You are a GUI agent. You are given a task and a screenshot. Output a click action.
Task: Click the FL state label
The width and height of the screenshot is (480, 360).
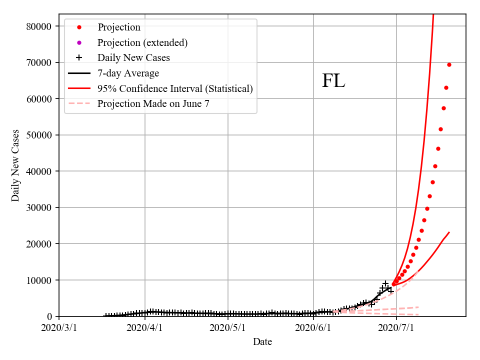point(333,81)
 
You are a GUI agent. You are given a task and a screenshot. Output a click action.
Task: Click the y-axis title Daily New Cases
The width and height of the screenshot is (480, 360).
point(15,165)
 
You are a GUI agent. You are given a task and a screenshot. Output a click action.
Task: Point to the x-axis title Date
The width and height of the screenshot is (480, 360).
point(262,342)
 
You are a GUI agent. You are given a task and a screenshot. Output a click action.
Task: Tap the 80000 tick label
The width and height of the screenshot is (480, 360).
point(39,26)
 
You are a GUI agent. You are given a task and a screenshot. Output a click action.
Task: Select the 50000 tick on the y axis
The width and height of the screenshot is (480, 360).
point(39,135)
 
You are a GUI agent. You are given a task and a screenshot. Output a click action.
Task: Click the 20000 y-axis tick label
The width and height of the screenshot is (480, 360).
point(39,244)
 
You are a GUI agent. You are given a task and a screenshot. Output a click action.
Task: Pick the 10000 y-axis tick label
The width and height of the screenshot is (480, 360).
point(39,280)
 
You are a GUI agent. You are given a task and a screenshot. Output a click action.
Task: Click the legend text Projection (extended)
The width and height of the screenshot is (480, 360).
point(142,42)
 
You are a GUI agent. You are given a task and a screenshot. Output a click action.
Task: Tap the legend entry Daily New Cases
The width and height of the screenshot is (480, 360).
point(133,57)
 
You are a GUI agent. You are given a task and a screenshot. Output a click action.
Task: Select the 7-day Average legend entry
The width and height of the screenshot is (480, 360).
point(128,73)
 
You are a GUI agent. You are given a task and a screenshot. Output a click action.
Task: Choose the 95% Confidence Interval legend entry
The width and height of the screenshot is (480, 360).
point(175,88)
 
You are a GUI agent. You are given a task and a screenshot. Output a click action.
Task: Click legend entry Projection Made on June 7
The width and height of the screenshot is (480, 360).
point(153,104)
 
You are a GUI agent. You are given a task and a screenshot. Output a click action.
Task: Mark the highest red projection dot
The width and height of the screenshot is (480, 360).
point(449,64)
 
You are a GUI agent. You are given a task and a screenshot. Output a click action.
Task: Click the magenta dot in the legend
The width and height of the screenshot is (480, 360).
point(79,42)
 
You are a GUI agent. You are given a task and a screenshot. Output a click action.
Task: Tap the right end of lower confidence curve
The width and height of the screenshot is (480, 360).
point(449,232)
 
